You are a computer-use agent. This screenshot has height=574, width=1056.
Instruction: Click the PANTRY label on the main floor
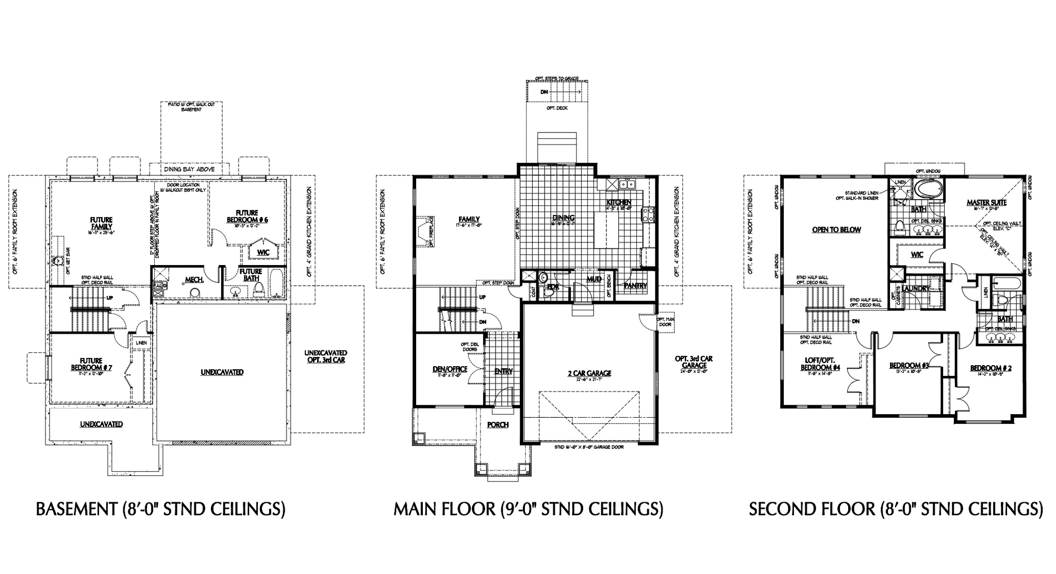coord(635,286)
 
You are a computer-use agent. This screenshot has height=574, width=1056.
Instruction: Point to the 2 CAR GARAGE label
coord(590,373)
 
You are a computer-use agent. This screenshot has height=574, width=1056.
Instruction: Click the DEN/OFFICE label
coord(450,369)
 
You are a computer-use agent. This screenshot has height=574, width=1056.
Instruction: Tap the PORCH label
coord(498,425)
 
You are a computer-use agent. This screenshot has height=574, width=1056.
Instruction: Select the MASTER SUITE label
coord(986,203)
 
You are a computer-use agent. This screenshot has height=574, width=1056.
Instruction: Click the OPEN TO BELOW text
coord(836,230)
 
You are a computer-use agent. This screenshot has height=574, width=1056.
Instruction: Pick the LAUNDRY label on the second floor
coord(929,289)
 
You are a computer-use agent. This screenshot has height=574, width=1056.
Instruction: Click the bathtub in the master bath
coord(927,189)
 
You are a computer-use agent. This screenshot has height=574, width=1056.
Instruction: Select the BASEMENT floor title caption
coord(160,510)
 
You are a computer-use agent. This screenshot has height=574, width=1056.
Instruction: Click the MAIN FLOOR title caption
coord(528,510)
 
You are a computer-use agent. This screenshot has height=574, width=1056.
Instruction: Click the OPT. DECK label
coord(557,108)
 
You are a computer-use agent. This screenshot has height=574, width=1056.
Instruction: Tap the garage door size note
coord(589,447)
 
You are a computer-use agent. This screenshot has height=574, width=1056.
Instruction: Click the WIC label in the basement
coord(263,253)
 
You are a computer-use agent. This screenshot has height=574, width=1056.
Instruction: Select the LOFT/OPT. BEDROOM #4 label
coord(820,364)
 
